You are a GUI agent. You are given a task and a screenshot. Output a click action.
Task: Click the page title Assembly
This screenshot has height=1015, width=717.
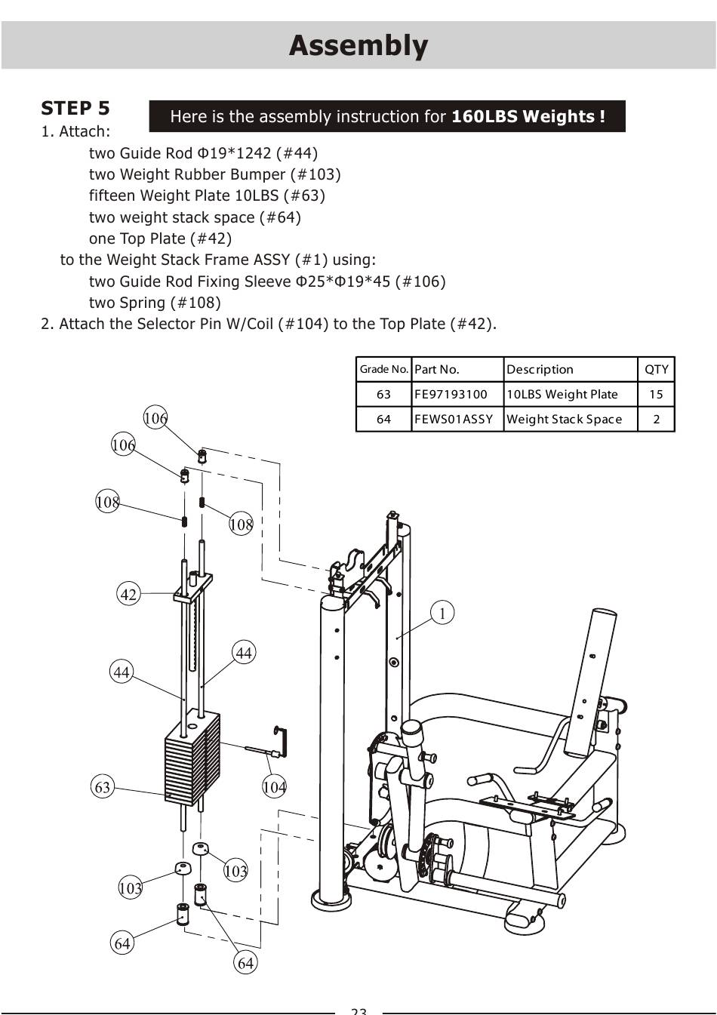click(x=358, y=46)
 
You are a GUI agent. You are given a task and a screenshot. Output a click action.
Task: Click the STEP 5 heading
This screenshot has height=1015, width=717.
click(x=75, y=109)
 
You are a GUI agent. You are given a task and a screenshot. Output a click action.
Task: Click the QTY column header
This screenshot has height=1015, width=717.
click(x=657, y=370)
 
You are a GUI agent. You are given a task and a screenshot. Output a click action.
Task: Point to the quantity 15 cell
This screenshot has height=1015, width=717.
click(x=656, y=394)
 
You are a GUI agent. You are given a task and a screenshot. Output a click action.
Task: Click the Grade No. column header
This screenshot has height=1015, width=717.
click(x=384, y=369)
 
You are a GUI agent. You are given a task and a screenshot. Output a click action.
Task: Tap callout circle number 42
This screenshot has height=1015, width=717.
click(x=128, y=594)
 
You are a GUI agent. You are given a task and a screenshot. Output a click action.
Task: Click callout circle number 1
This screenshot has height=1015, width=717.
click(x=442, y=613)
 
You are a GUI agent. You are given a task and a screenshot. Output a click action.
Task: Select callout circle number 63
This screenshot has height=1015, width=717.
click(x=103, y=786)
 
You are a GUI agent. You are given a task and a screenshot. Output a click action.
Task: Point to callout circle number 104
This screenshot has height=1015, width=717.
click(x=274, y=786)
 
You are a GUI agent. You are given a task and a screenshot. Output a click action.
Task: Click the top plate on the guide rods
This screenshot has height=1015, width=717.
click(x=193, y=587)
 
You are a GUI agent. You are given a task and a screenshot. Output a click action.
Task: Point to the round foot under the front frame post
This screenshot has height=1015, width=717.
click(x=332, y=899)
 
